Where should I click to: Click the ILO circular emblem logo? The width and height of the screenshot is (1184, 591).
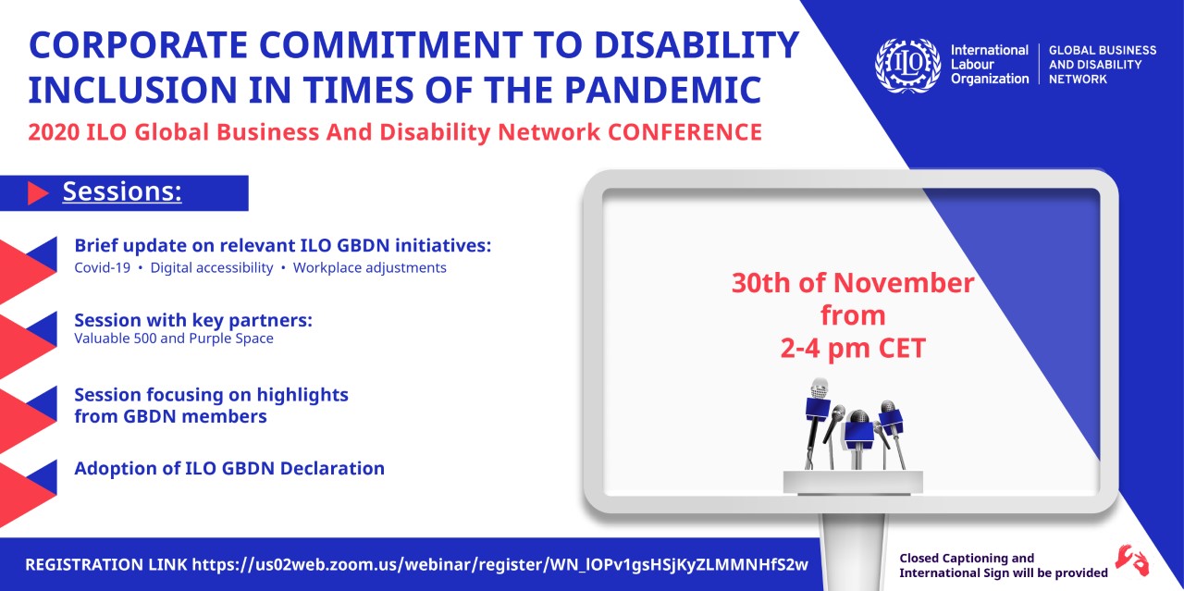(x=907, y=65)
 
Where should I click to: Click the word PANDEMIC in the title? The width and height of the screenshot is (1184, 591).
(x=663, y=90)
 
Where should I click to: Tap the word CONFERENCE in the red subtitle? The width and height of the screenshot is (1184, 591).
(x=684, y=132)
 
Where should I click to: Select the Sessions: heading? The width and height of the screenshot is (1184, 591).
(x=122, y=191)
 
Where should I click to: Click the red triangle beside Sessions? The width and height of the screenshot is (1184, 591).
(x=38, y=193)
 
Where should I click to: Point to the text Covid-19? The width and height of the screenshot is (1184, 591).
(x=102, y=267)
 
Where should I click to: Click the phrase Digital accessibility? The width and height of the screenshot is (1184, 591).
(x=212, y=268)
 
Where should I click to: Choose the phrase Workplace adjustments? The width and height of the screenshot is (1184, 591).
(x=369, y=268)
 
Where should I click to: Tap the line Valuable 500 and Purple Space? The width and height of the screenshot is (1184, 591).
(x=174, y=339)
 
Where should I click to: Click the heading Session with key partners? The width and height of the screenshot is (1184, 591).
(x=193, y=320)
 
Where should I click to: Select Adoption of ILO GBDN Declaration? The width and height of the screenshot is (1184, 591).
(x=229, y=468)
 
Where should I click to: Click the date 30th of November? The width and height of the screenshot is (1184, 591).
(x=853, y=283)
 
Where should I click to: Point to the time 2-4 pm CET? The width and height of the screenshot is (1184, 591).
(x=853, y=349)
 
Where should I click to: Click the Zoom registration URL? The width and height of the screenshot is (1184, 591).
(x=500, y=564)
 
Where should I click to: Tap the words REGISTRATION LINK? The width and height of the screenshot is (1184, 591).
(x=106, y=564)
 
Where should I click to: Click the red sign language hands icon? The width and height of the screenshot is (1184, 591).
(x=1132, y=560)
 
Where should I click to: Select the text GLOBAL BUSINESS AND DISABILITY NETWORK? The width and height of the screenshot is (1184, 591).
(x=1103, y=65)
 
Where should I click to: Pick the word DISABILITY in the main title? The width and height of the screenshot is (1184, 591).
(x=697, y=45)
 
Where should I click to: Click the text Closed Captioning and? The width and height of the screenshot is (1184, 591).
(x=967, y=559)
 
